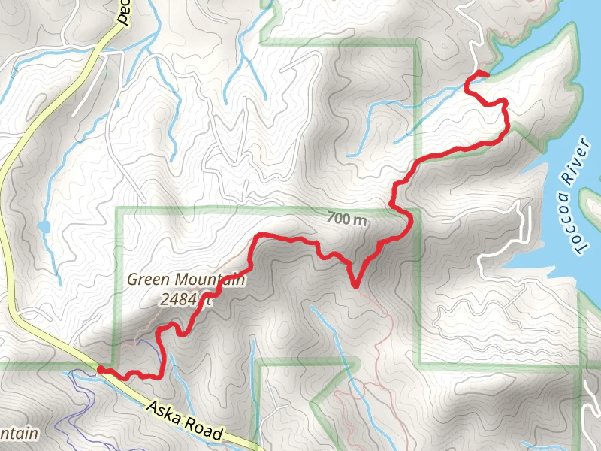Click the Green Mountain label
[x=186, y=280]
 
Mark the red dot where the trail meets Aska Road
[x=101, y=369]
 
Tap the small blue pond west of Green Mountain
[x=44, y=225]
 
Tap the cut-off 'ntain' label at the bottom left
[x=18, y=434]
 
